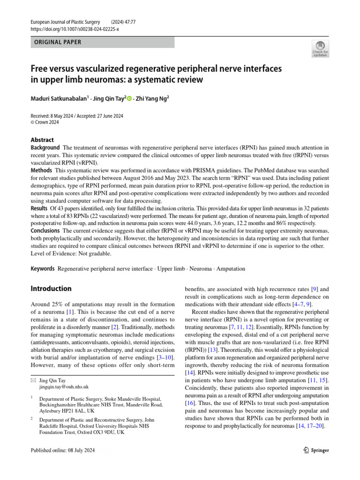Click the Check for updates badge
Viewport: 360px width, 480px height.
tap(320, 49)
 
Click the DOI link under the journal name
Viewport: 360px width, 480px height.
tap(75, 29)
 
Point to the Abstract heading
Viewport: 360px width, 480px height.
tap(42, 140)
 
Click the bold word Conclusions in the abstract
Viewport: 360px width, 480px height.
tap(45, 231)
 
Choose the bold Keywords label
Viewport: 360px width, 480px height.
tap(43, 269)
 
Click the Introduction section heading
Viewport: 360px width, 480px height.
tap(51, 289)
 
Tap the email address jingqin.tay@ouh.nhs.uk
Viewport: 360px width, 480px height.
tap(64, 387)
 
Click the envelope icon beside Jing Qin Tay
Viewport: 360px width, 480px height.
tap(32, 381)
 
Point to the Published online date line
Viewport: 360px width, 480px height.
tap(69, 450)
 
